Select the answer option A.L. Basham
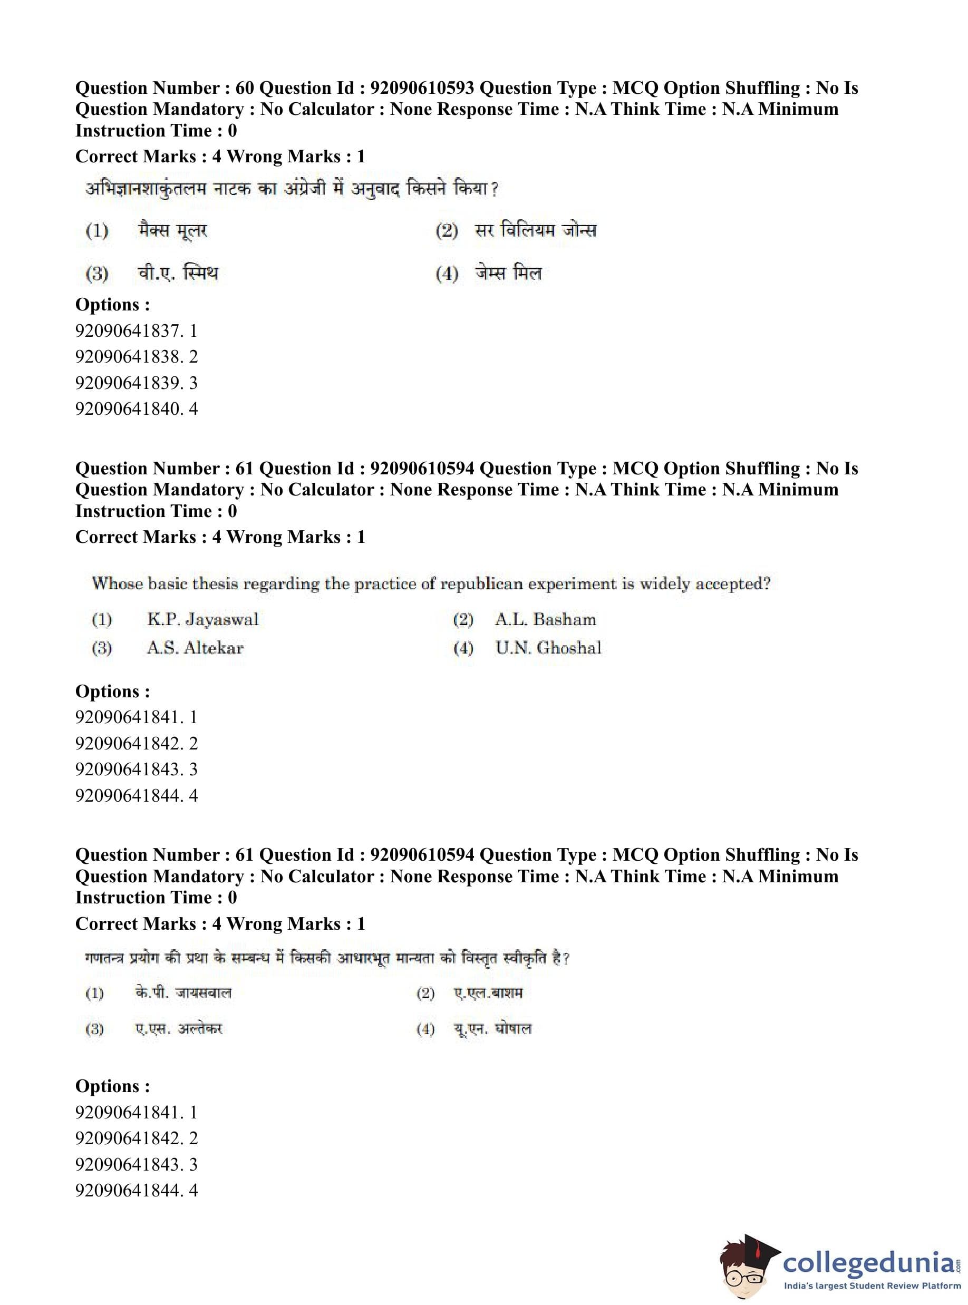pyautogui.click(x=545, y=619)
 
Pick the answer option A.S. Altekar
pyautogui.click(x=195, y=648)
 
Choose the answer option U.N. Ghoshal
pyautogui.click(x=548, y=648)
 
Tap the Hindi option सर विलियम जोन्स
pyautogui.click(x=535, y=230)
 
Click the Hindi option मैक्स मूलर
pyautogui.click(x=173, y=230)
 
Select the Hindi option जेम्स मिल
pyautogui.click(x=508, y=273)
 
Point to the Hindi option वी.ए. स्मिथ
pyautogui.click(x=178, y=273)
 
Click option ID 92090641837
pyautogui.click(x=129, y=331)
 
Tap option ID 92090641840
pyautogui.click(x=129, y=409)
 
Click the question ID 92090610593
pyautogui.click(x=422, y=88)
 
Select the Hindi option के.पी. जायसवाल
pyautogui.click(x=183, y=993)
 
